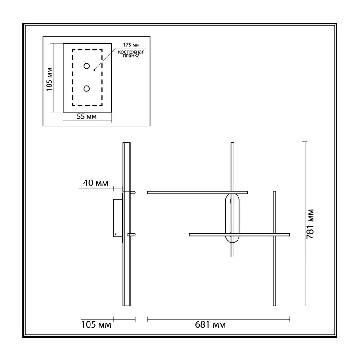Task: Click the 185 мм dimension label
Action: pyautogui.click(x=49, y=80)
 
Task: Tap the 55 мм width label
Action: pyautogui.click(x=86, y=117)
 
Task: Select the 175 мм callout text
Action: pyautogui.click(x=131, y=45)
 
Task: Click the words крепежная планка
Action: pyautogui.click(x=131, y=54)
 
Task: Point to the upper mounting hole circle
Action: pyautogui.click(x=86, y=66)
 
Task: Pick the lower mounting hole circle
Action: pyautogui.click(x=86, y=89)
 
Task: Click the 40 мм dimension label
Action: pyautogui.click(x=95, y=183)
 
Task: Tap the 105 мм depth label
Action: pyautogui.click(x=96, y=324)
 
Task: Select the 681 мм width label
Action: pyautogui.click(x=210, y=324)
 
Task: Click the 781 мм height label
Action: pyautogui.click(x=310, y=224)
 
